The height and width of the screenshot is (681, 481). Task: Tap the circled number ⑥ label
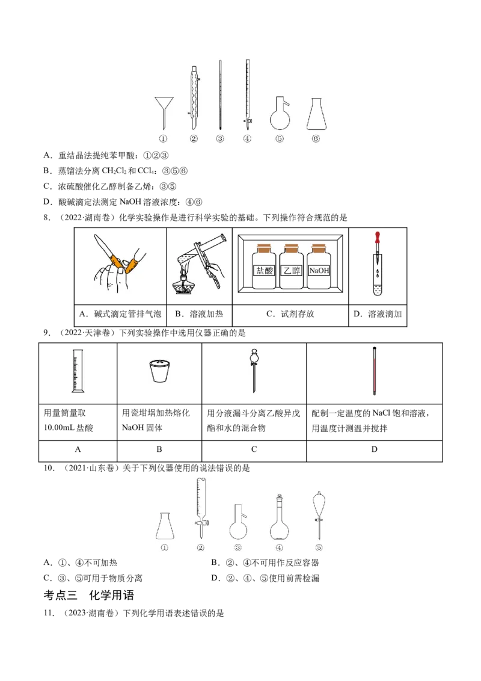(316, 139)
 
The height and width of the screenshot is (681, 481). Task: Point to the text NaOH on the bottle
(318, 271)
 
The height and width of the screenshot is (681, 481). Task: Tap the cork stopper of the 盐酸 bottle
(263, 247)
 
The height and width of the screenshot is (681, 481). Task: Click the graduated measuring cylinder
(76, 371)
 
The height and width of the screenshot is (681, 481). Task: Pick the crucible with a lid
(159, 371)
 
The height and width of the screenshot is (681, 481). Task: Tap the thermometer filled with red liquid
(375, 372)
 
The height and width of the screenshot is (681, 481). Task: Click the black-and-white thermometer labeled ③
(221, 96)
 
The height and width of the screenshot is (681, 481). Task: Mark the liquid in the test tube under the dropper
(378, 292)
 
